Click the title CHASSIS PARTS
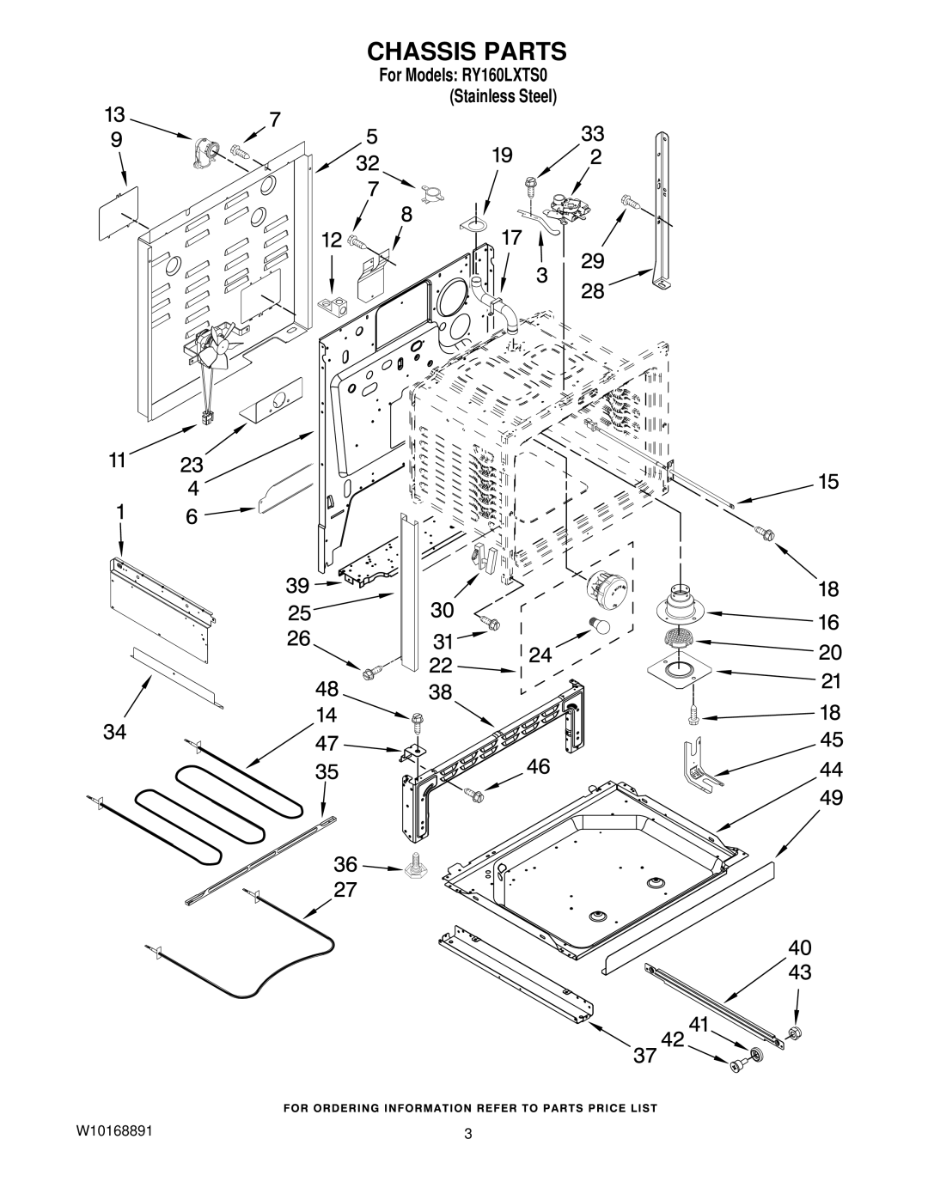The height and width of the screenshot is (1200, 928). click(x=467, y=52)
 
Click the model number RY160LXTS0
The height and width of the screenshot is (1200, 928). click(x=508, y=75)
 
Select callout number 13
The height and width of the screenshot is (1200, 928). click(x=115, y=115)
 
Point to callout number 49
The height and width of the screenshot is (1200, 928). click(x=831, y=797)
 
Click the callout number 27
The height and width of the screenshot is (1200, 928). click(x=345, y=890)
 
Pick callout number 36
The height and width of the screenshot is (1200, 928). click(x=345, y=863)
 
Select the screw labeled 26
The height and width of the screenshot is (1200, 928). click(x=369, y=673)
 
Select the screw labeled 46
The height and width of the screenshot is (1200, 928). click(x=474, y=795)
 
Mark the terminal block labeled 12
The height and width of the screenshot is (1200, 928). click(x=333, y=307)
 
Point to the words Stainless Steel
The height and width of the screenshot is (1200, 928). click(x=503, y=97)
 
